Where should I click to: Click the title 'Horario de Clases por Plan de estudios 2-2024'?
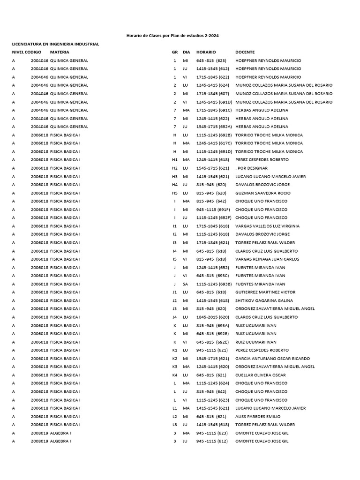coord(172,36)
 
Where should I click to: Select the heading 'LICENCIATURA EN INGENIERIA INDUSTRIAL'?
coord(56,44)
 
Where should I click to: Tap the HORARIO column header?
coord(206,52)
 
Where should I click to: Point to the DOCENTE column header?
coord(245,52)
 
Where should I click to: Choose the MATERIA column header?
coord(60,52)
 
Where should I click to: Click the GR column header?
coord(175,52)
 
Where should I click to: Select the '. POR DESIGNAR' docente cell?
coord(252,168)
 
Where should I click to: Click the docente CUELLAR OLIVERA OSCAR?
coord(260,375)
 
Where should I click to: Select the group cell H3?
coord(175,177)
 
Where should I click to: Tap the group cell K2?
coord(175,359)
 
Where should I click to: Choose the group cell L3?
coord(175,425)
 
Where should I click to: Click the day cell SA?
coord(186,284)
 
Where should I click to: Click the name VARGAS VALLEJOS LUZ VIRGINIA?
coord(267,226)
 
